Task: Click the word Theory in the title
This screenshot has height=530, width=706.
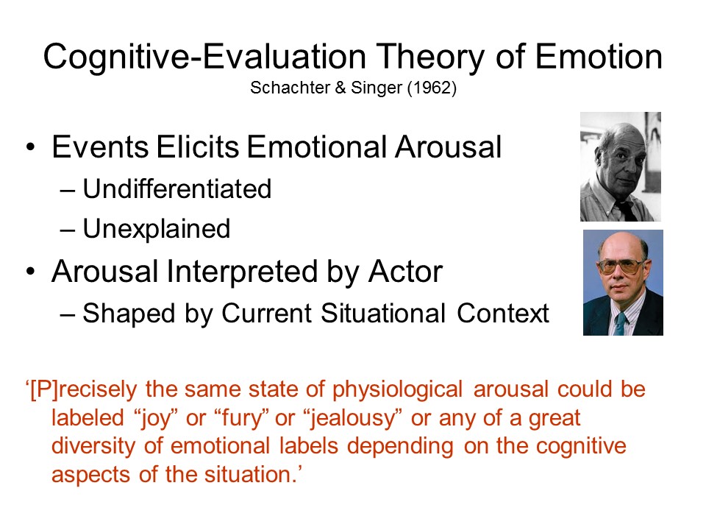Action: [430, 57]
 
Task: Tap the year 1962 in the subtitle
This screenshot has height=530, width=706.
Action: [432, 88]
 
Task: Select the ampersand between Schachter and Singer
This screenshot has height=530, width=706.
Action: [340, 88]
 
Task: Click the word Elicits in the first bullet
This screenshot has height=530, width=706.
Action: [198, 146]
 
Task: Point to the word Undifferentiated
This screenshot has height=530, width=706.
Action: [177, 188]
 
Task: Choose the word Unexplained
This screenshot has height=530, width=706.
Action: [156, 229]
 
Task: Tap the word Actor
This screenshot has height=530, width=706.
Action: [405, 272]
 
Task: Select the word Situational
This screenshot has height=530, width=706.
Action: [383, 313]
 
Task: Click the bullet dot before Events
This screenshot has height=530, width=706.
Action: [30, 147]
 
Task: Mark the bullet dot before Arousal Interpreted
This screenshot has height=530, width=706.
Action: [30, 272]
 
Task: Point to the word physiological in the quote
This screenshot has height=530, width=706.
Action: [397, 389]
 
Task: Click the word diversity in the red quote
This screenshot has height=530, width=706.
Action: [93, 446]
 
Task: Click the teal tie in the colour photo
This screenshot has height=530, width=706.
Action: [621, 323]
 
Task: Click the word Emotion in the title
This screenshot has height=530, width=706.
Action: [599, 57]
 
